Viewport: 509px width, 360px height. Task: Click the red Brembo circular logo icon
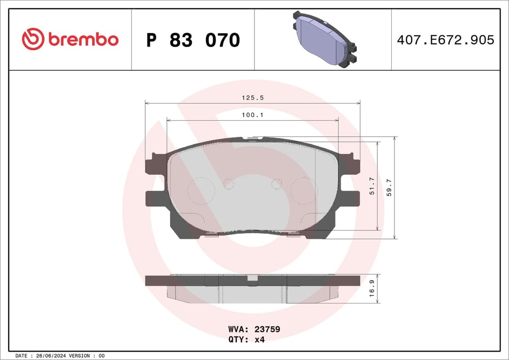click(x=33, y=39)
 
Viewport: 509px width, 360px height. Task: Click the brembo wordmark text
click(x=83, y=40)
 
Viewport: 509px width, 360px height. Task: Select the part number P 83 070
click(x=193, y=41)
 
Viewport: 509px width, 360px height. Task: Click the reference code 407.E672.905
click(x=445, y=40)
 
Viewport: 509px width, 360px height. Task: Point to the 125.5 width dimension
click(x=252, y=98)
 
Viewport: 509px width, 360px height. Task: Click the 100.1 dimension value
click(x=252, y=115)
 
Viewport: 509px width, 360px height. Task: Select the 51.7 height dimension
click(x=371, y=186)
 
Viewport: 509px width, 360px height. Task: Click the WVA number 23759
click(x=267, y=329)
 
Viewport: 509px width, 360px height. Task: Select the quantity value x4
click(x=259, y=339)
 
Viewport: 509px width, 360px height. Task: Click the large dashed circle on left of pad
click(x=201, y=191)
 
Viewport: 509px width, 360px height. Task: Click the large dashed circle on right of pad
click(x=304, y=191)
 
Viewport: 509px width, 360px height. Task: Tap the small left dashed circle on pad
click(x=229, y=184)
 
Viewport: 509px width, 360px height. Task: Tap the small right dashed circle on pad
click(x=277, y=184)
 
